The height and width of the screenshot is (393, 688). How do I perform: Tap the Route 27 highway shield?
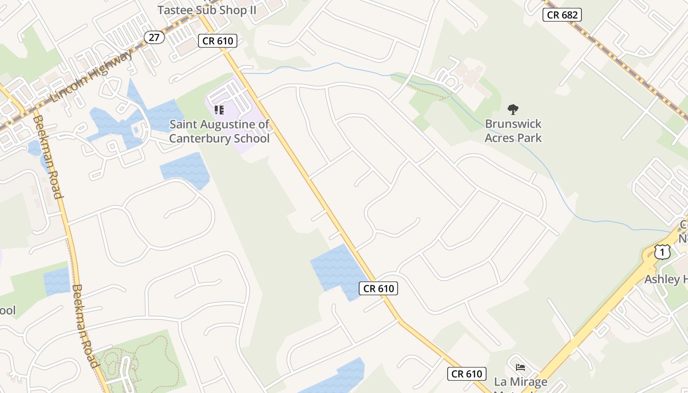pyautogui.click(x=154, y=37)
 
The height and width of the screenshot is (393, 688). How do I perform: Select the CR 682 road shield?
pyautogui.click(x=562, y=15)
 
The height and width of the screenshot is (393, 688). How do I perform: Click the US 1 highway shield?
pyautogui.click(x=662, y=252)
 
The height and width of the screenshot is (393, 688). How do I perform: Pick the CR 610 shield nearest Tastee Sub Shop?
pyautogui.click(x=218, y=41)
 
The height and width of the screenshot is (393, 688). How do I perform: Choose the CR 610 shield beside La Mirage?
pyautogui.click(x=467, y=374)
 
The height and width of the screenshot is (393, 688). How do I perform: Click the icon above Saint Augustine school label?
pyautogui.click(x=219, y=110)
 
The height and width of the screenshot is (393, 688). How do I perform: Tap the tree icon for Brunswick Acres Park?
pyautogui.click(x=513, y=109)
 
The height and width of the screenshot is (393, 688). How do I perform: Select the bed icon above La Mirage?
pyautogui.click(x=520, y=367)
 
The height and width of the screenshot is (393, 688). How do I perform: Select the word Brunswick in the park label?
pyautogui.click(x=513, y=124)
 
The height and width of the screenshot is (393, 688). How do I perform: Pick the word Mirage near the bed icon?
pyautogui.click(x=528, y=382)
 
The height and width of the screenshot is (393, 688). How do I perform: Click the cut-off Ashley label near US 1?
pyautogui.click(x=666, y=280)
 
